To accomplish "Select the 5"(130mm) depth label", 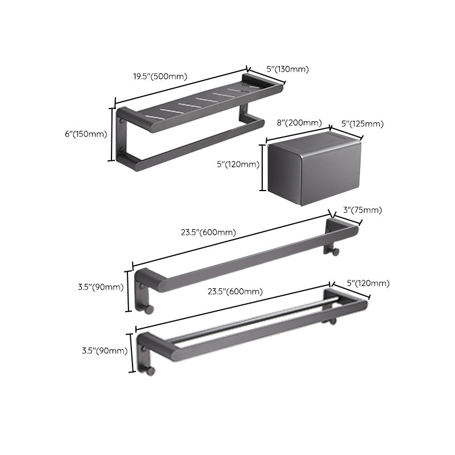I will pyautogui.click(x=287, y=69).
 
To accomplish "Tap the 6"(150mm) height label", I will pyautogui.click(x=86, y=134).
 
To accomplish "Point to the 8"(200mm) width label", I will pyautogui.click(x=299, y=123).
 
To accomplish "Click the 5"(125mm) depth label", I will pyautogui.click(x=362, y=124).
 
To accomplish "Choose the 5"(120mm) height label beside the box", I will pyautogui.click(x=238, y=165).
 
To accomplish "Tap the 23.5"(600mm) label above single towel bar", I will pyautogui.click(x=209, y=232).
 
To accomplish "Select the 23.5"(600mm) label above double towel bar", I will pyautogui.click(x=234, y=292).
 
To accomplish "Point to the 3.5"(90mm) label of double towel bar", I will pyautogui.click(x=105, y=350).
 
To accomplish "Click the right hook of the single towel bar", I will pyautogui.click(x=337, y=252).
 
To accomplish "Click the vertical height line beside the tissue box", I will pyautogui.click(x=263, y=168).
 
